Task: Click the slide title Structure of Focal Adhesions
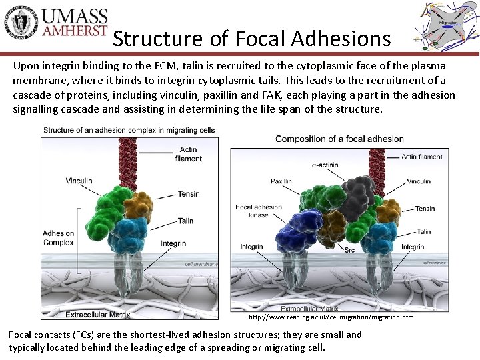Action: pos(251,39)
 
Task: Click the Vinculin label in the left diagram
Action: pos(79,181)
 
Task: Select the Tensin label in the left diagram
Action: pos(188,194)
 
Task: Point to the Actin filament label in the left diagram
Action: pos(189,154)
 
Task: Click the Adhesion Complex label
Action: pos(58,238)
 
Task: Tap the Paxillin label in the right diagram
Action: pos(281,181)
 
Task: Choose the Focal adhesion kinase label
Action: pos(259,211)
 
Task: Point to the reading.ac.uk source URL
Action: pos(331,317)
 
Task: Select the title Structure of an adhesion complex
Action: pos(129,129)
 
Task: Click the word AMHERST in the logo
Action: pos(74,31)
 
